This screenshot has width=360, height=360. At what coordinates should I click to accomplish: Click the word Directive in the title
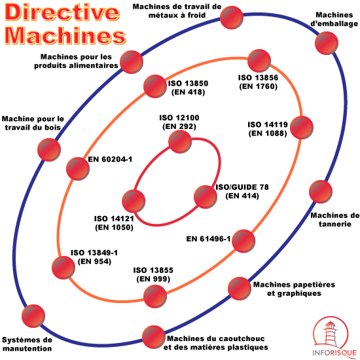click(62, 12)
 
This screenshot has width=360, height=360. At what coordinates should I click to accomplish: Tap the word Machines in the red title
click(65, 35)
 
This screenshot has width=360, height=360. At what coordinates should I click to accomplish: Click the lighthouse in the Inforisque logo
click(330, 334)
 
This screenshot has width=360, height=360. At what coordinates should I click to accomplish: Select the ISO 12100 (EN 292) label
click(179, 122)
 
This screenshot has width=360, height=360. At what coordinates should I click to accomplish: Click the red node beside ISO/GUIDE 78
click(206, 197)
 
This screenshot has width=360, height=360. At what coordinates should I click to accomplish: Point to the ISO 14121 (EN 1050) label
click(114, 223)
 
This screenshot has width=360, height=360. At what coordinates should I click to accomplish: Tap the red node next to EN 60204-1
click(78, 169)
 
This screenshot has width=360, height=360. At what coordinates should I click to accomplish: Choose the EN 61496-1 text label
click(208, 239)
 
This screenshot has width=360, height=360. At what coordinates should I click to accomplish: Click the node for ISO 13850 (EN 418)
click(155, 86)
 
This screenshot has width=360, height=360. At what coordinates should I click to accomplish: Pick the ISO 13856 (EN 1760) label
click(259, 82)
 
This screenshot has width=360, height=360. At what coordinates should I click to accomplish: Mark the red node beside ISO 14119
click(302, 128)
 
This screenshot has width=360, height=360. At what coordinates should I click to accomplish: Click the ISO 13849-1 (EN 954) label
click(94, 257)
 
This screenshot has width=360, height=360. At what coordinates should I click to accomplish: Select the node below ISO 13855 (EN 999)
click(155, 296)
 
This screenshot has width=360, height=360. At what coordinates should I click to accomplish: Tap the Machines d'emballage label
click(334, 19)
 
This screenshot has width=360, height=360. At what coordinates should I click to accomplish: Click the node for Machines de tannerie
click(321, 192)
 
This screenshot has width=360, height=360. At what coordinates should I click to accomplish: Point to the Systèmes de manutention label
click(27, 344)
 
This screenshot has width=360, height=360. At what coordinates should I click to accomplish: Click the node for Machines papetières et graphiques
click(240, 289)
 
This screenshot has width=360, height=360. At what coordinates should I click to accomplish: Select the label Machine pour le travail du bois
click(33, 123)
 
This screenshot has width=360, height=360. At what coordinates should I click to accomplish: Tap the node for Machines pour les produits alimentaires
click(132, 62)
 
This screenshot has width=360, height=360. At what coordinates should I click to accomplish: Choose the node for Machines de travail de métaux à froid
click(232, 18)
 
